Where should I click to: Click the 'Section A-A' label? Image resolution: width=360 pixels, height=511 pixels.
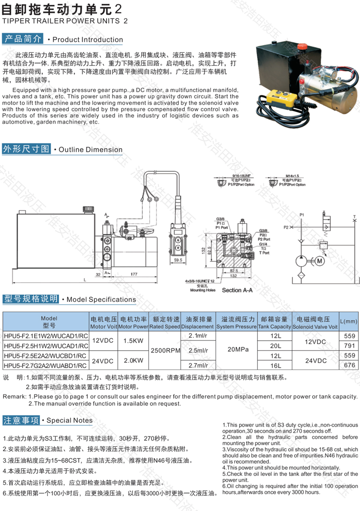(x=239, y=290)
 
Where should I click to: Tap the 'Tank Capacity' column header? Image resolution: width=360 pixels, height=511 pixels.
(x=275, y=327)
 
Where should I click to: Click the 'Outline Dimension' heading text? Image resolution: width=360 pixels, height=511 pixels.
(x=91, y=150)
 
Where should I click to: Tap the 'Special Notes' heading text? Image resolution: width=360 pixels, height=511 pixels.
(x=70, y=421)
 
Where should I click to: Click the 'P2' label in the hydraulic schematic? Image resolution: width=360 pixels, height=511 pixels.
(x=286, y=226)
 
